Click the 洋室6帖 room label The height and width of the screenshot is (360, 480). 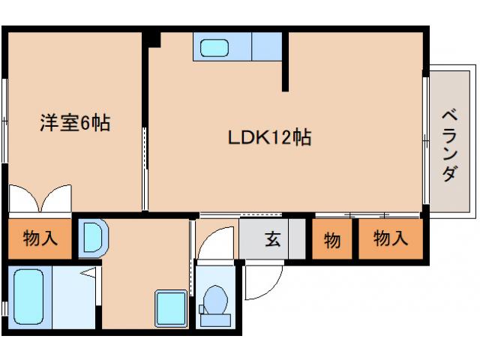tap(74, 122)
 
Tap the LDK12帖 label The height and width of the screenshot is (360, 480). tap(270, 138)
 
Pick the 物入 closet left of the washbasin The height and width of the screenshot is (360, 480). tap(40, 239)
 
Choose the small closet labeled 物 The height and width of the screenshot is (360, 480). tap(331, 240)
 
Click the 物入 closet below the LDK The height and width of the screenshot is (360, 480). tap(390, 239)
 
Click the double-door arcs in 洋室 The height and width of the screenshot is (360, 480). tap(40, 199)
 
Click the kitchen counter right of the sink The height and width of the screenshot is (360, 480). tap(266, 46)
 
